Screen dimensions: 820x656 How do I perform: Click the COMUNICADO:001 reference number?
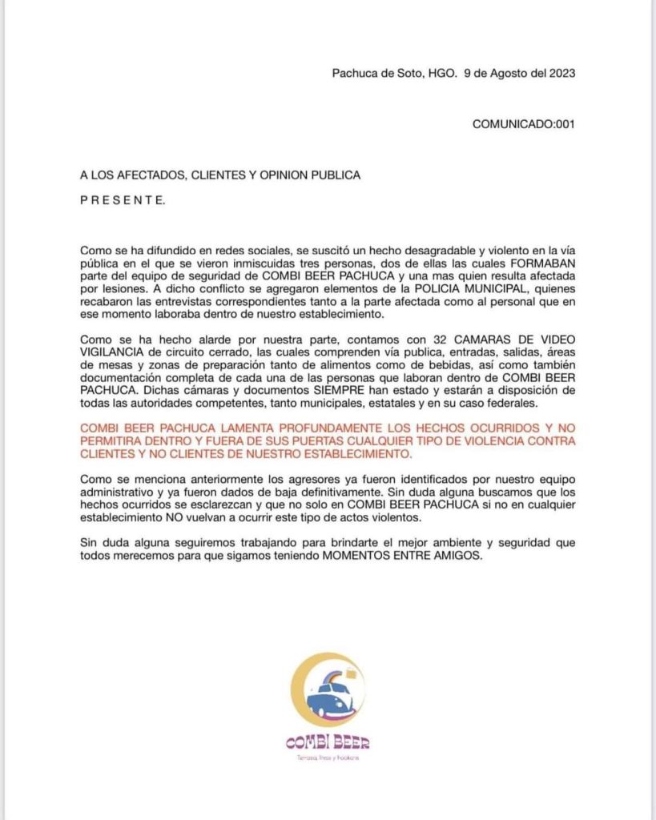tap(523, 124)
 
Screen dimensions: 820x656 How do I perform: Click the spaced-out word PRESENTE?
tap(123, 201)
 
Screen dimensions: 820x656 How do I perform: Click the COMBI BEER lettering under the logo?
tap(327, 743)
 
